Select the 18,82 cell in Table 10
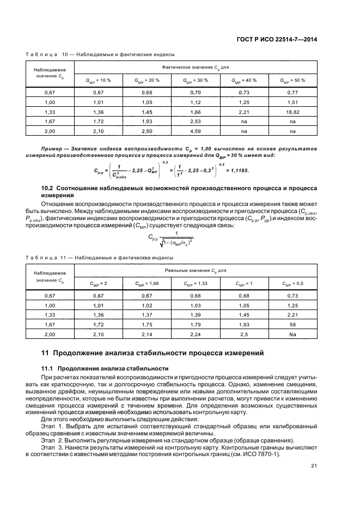[292, 112]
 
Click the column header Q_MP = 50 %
[292, 80]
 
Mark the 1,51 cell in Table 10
[292, 102]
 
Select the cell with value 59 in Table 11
[292, 324]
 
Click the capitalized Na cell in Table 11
[292, 333]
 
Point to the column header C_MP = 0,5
[292, 283]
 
